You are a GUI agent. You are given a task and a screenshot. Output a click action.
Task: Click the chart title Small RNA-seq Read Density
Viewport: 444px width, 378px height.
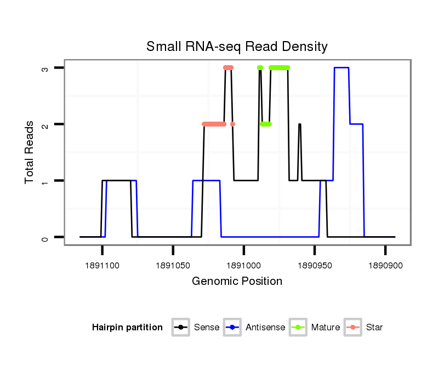coord(237,47)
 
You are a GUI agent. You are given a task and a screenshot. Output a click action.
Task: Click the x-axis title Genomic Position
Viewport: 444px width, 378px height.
coord(237,282)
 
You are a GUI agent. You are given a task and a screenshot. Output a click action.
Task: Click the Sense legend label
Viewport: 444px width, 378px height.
coord(207,328)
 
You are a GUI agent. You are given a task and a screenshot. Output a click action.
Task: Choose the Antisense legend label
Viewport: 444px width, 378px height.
coord(265,328)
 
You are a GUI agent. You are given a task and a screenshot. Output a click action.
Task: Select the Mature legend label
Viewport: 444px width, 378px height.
coord(326,328)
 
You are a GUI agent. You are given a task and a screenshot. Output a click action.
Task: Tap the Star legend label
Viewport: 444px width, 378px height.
coord(374,328)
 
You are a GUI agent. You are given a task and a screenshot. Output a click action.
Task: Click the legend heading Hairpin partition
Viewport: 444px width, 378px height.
coord(127,328)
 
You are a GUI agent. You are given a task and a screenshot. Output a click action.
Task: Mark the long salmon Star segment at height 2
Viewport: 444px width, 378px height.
coord(214,124)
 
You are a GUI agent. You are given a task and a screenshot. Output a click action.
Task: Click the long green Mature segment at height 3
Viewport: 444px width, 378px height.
coord(280,68)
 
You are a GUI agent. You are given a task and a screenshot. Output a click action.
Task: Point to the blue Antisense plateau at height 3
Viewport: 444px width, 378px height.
coord(341,68)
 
